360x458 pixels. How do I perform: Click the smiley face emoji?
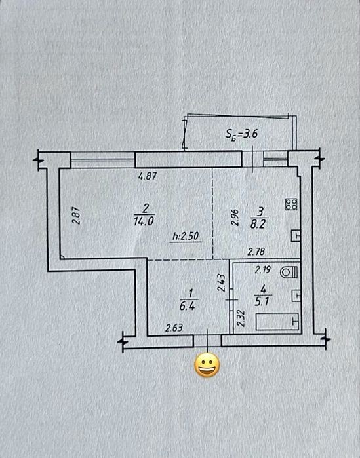click(207, 365)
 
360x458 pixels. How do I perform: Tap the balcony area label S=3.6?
click(241, 134)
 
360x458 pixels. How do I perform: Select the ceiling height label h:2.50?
click(186, 236)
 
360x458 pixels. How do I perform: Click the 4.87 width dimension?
click(148, 176)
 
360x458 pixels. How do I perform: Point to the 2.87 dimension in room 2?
click(76, 216)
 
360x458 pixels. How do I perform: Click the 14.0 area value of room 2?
click(144, 221)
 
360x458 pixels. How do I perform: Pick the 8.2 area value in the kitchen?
click(258, 224)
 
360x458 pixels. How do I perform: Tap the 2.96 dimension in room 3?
click(235, 218)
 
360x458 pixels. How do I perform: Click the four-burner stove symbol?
click(291, 204)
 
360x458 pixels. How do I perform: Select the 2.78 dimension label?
click(256, 252)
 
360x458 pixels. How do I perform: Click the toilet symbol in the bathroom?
click(289, 273)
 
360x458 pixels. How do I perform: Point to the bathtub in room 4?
click(277, 321)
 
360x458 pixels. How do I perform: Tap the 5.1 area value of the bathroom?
click(262, 301)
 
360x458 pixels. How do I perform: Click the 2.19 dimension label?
click(263, 269)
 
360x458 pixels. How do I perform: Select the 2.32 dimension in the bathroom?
click(241, 318)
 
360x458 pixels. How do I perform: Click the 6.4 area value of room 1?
click(188, 305)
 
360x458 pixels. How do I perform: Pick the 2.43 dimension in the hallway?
click(221, 282)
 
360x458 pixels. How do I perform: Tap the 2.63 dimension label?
click(174, 328)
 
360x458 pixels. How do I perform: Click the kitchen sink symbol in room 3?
click(296, 235)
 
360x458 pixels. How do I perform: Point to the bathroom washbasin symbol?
click(296, 296)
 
